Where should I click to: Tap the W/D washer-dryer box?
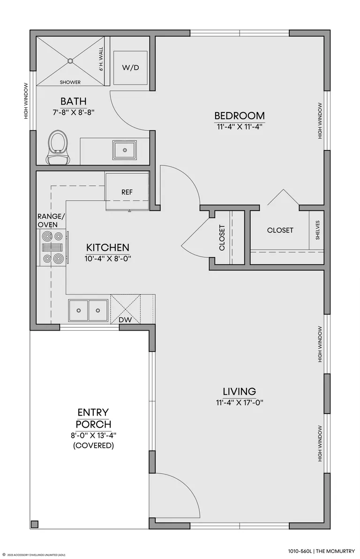click(x=130, y=68)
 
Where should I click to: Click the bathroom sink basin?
click(x=124, y=150)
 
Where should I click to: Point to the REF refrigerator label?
click(x=127, y=192)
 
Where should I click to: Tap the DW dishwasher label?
click(x=125, y=320)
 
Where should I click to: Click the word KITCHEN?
click(x=108, y=248)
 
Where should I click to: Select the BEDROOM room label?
click(x=240, y=115)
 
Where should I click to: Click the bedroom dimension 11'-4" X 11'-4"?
click(x=240, y=127)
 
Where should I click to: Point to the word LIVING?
click(x=240, y=392)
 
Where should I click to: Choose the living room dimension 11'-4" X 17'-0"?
click(x=240, y=403)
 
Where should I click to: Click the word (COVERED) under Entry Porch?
click(x=93, y=445)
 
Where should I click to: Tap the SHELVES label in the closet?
click(x=318, y=230)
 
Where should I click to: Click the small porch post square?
click(x=35, y=524)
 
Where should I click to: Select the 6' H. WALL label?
click(x=101, y=59)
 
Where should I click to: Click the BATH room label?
click(x=74, y=101)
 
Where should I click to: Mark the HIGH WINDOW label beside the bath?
click(x=26, y=101)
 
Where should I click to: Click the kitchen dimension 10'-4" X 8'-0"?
click(x=108, y=258)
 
